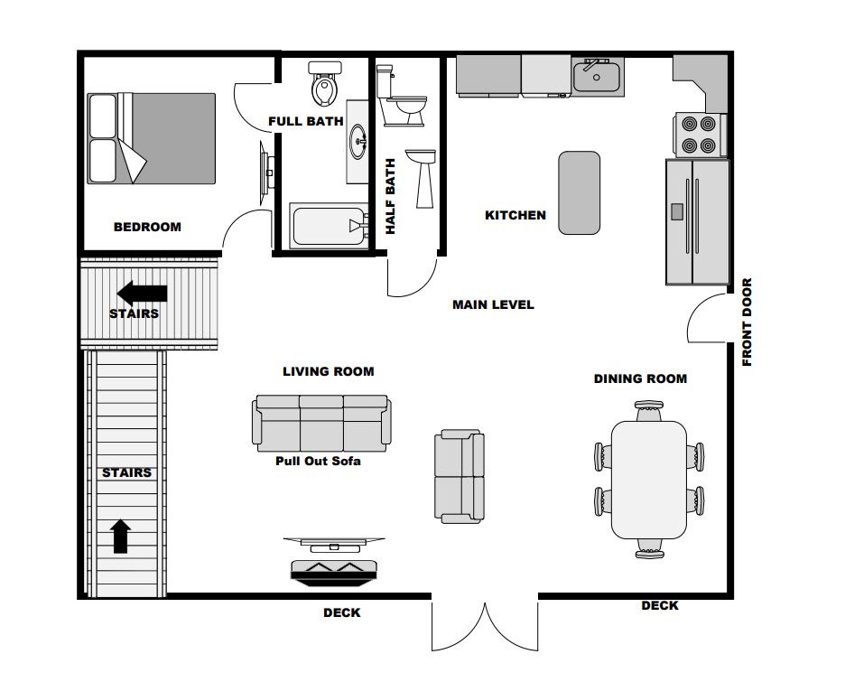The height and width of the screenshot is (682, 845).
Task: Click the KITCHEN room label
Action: [515, 215]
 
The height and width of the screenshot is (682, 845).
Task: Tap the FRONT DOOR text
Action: [747, 322]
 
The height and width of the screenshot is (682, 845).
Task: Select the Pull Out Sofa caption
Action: [318, 461]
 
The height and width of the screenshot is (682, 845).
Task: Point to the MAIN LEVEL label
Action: [493, 304]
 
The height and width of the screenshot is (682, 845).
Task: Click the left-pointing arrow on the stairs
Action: [143, 294]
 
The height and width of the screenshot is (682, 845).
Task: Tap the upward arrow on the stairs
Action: [121, 537]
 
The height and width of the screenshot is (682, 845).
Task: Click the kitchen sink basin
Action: [597, 77]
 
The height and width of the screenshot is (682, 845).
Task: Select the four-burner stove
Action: [700, 135]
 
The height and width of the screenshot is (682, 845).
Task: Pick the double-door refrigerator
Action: [697, 221]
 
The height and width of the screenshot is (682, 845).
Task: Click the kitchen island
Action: [580, 193]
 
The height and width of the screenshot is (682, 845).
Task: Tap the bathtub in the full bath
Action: [329, 225]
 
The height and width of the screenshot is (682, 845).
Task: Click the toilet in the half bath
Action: [401, 96]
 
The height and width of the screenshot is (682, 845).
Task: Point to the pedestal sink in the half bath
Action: [421, 179]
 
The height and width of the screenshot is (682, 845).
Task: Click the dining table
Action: [649, 480]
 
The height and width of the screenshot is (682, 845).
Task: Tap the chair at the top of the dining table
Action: [648, 410]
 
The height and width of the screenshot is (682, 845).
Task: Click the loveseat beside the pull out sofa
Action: [460, 477]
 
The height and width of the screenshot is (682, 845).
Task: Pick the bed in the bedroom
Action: [152, 138]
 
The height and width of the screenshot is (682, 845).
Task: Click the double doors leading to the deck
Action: [485, 625]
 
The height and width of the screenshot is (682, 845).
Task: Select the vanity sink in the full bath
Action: [357, 141]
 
